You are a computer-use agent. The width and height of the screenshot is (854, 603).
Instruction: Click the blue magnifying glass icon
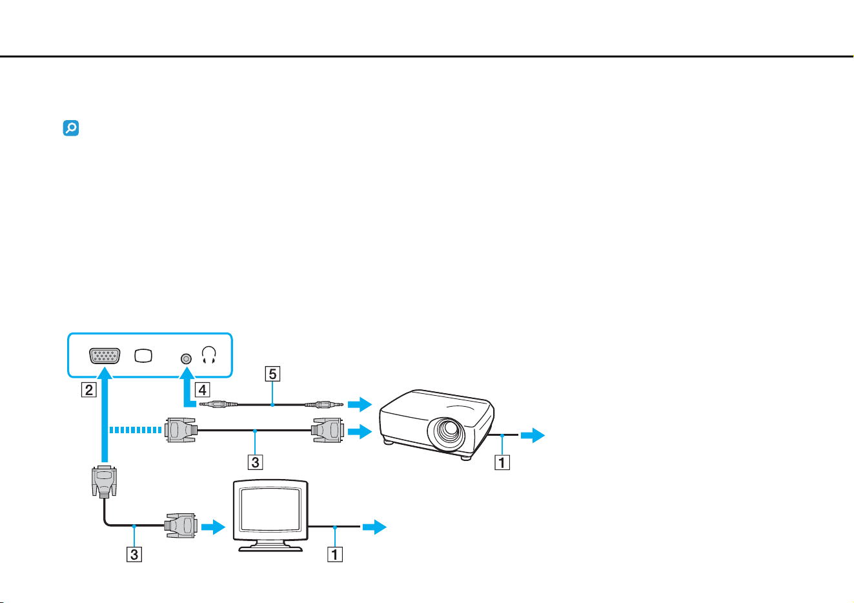pos(71,128)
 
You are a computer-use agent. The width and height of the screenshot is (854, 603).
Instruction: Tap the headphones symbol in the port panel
pos(209,354)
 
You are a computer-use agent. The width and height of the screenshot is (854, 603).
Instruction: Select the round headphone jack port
pos(186,359)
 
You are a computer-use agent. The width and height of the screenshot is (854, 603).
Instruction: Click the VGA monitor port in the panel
pos(105,356)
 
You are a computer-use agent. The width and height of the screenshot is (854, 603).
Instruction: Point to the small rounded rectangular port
pos(143,356)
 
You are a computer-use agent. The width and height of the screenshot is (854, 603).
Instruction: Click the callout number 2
pos(89,390)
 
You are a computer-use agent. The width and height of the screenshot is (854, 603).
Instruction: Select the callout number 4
pos(203,390)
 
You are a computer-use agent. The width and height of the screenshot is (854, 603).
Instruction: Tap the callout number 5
pos(272,374)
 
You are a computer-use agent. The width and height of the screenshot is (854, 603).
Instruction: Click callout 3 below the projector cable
pos(256,462)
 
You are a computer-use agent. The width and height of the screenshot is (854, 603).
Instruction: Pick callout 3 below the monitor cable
pos(134,554)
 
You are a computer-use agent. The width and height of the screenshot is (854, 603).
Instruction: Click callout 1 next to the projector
pos(502,463)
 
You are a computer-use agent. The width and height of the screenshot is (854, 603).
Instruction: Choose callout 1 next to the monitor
pos(335,554)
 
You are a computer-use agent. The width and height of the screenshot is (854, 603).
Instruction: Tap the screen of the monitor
pos(270,509)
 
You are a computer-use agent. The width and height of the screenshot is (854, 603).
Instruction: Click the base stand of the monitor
pos(270,547)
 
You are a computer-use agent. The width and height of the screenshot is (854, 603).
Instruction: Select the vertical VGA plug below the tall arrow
pos(105,482)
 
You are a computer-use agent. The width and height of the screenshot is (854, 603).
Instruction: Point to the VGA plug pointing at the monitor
pos(181,526)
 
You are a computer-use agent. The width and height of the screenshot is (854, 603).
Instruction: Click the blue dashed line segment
pos(136,430)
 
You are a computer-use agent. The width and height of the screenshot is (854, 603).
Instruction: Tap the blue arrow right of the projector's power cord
pos(533,435)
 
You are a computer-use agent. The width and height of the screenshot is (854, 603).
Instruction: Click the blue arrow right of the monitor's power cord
pos(374,527)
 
